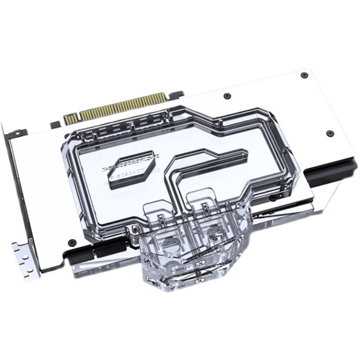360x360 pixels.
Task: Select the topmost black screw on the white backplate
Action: click(x=304, y=75)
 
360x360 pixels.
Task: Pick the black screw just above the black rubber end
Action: click(x=329, y=133)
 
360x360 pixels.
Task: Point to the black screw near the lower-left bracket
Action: click(x=72, y=242)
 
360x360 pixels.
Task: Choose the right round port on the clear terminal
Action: click(x=215, y=231)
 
